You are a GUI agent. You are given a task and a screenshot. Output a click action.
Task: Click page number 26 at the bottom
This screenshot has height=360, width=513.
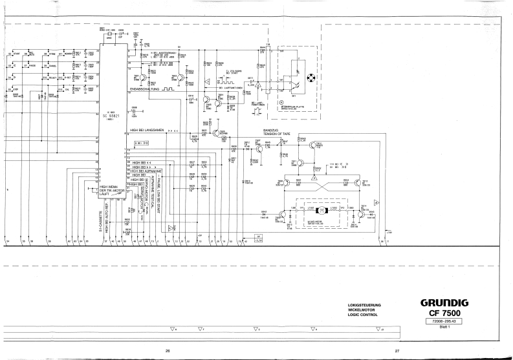click(x=168, y=351)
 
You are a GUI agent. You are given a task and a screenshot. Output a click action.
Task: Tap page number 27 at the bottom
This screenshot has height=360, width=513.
click(x=397, y=351)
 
